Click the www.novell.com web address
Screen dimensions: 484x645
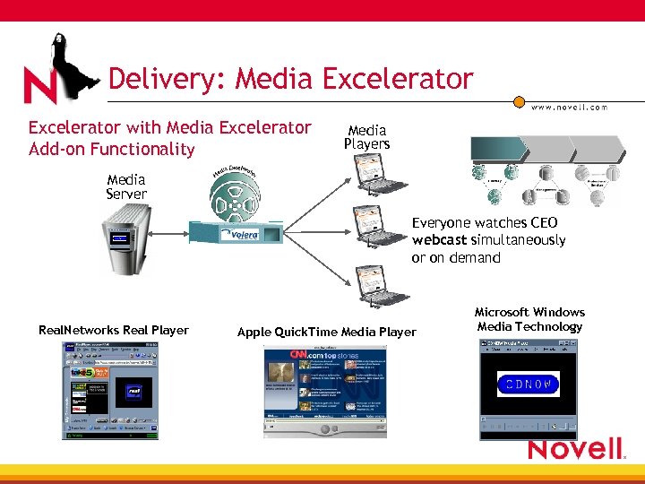click(x=569, y=107)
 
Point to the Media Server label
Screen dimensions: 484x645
click(x=126, y=186)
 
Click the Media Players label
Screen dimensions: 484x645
click(x=366, y=137)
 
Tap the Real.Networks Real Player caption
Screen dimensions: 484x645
click(x=114, y=331)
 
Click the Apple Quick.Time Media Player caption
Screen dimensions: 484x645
click(x=326, y=333)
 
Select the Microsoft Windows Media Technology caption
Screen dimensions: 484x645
click(x=529, y=319)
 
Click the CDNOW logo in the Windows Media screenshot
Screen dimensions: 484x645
click(x=528, y=385)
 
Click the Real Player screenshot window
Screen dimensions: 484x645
click(x=109, y=391)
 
